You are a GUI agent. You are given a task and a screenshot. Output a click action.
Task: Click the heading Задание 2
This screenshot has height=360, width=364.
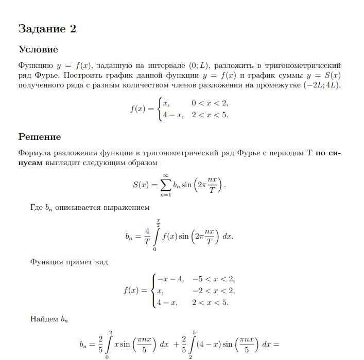point(47,29)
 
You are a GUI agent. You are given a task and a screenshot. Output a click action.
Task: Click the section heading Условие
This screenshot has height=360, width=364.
point(38,50)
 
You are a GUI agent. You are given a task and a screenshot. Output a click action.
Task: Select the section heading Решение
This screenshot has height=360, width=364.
point(40,137)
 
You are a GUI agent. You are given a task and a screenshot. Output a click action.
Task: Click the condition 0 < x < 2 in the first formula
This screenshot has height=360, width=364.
point(210,103)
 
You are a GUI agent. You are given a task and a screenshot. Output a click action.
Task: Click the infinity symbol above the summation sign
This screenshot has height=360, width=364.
point(166,175)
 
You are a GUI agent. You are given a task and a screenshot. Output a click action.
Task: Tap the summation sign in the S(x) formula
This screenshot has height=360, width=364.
point(165,185)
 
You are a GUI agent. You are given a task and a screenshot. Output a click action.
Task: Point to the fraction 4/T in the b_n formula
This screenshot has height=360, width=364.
point(147,237)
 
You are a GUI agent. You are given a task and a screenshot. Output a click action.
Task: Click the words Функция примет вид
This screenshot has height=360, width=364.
point(69,262)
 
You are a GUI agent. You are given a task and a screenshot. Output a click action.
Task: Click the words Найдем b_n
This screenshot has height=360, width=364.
point(49,319)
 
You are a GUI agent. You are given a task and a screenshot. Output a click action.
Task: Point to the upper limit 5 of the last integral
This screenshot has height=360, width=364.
point(194,333)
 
